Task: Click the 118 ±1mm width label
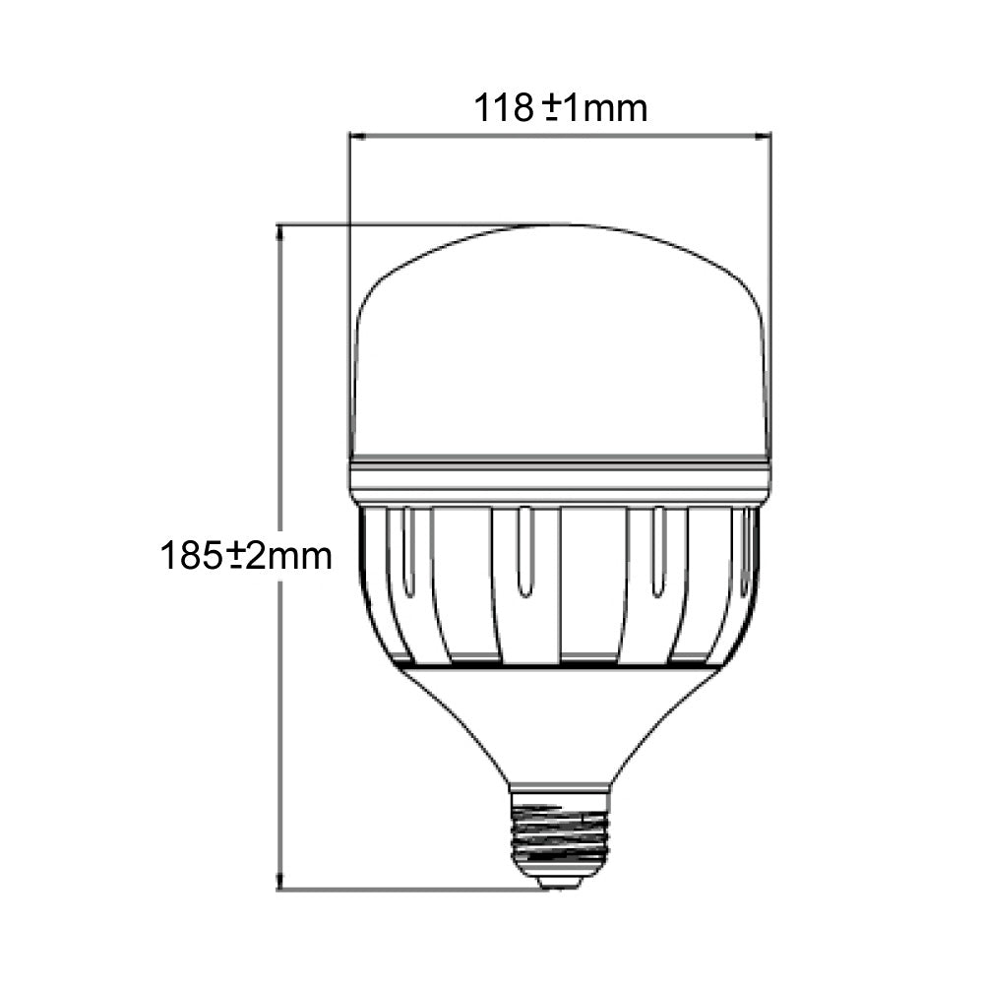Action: tap(561, 107)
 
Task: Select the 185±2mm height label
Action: tap(246, 556)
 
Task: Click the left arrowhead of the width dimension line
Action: tap(356, 136)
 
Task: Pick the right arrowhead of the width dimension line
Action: tap(765, 136)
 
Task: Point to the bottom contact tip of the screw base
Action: tap(560, 884)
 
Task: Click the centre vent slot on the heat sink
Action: tap(525, 551)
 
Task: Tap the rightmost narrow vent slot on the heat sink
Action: tap(749, 551)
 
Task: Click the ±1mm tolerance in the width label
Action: tap(595, 107)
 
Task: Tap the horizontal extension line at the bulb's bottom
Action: tap(413, 891)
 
